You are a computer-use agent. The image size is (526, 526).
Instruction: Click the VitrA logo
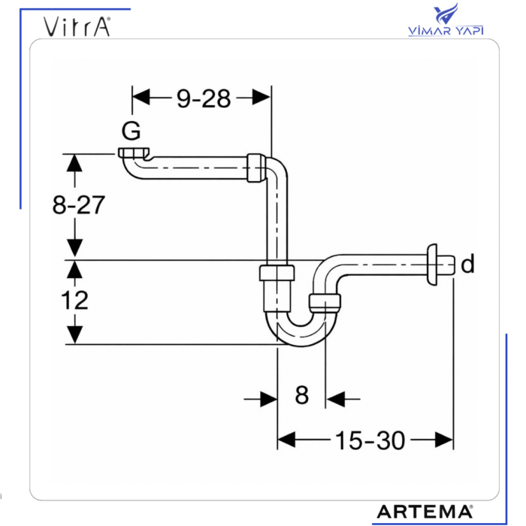77,27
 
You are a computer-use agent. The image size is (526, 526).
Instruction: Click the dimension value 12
74,301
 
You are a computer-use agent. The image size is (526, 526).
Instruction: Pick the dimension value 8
301,396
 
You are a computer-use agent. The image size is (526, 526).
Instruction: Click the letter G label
131,131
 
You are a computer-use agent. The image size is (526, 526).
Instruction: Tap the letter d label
467,265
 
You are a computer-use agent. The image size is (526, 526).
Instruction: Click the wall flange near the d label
432,265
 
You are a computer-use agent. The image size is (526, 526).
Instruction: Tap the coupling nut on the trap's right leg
325,303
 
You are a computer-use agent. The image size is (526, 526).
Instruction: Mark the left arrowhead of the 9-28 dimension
141,97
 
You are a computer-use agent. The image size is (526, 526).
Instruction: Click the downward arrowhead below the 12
74,335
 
